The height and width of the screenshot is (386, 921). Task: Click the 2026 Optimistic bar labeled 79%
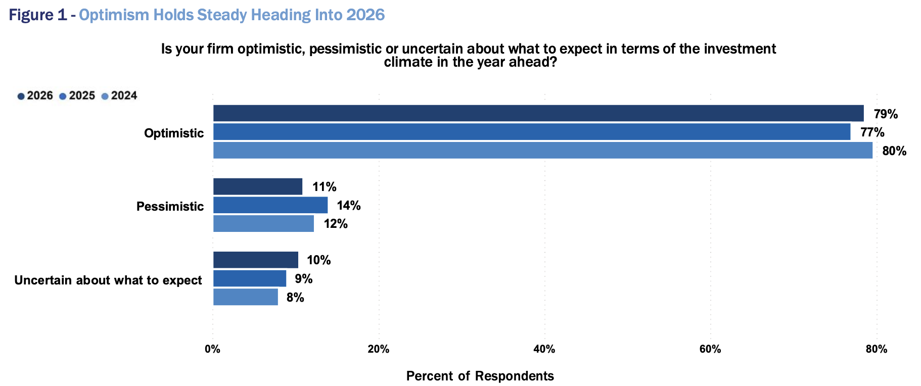click(x=538, y=113)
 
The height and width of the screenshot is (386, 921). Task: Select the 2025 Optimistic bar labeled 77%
click(x=531, y=132)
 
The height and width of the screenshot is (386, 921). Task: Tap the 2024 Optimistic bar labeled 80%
click(x=542, y=150)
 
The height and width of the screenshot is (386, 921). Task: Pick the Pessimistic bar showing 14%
click(x=270, y=205)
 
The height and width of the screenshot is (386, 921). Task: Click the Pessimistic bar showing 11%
click(x=257, y=186)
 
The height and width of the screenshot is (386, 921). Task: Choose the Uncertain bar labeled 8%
click(x=245, y=297)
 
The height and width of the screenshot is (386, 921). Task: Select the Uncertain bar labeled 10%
click(x=255, y=260)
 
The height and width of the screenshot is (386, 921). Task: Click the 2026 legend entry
click(x=35, y=96)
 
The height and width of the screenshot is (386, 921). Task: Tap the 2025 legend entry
click(x=77, y=96)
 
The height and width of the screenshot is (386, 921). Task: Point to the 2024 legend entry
click(x=119, y=96)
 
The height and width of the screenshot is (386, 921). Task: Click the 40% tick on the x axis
click(x=544, y=349)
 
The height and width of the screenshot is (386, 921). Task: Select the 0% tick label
click(x=212, y=349)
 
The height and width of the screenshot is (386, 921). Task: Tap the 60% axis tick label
click(x=710, y=349)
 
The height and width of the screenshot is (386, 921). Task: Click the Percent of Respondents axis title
click(x=480, y=376)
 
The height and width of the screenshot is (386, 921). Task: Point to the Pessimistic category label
click(x=170, y=206)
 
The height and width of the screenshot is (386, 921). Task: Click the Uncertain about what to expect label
click(x=108, y=280)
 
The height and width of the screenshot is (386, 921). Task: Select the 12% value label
click(x=336, y=224)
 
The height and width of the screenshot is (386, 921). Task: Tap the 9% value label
click(x=303, y=279)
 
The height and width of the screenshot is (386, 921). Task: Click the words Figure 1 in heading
click(x=37, y=15)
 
